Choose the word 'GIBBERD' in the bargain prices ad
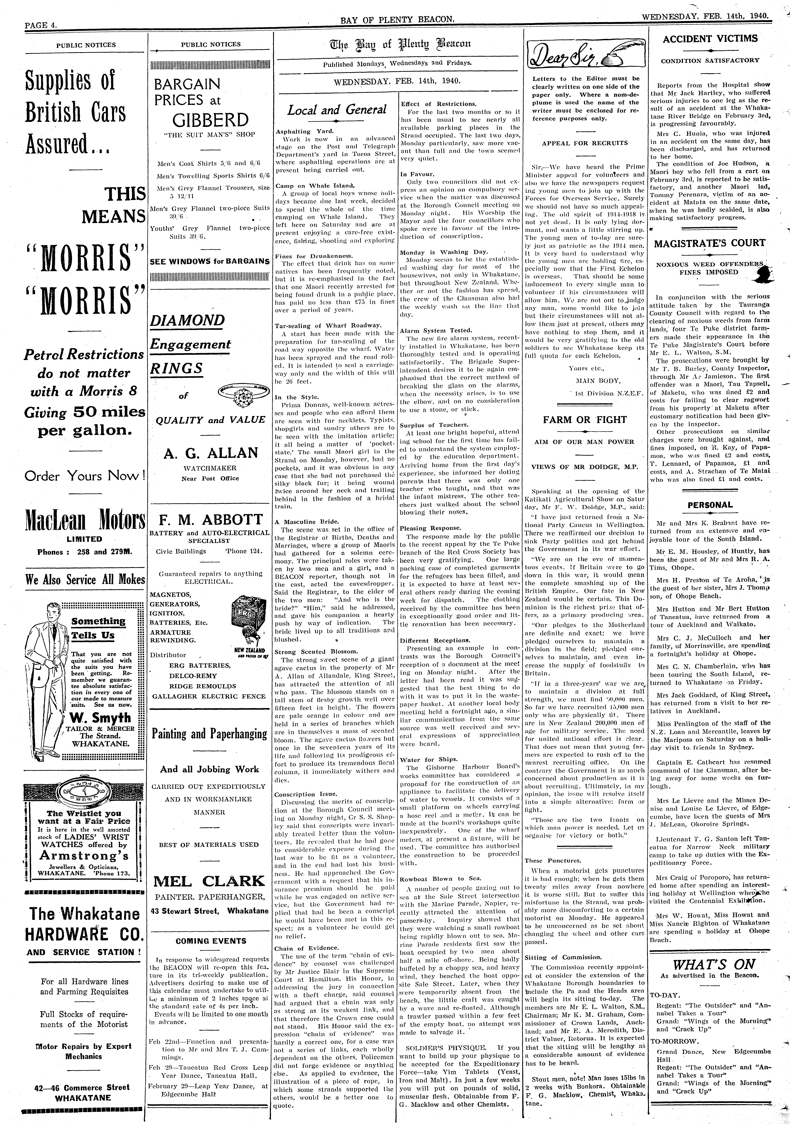[x=210, y=120]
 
